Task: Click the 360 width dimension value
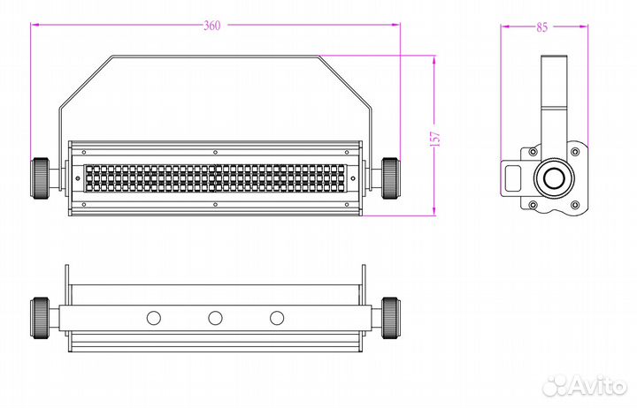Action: click(211, 26)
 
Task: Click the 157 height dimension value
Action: click(434, 139)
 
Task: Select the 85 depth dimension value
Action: click(542, 27)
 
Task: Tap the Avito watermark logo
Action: click(585, 384)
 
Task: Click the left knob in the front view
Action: click(40, 178)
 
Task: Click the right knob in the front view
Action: click(390, 178)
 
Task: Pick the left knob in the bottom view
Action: click(40, 318)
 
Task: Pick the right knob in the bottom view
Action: click(390, 318)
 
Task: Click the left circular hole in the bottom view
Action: click(154, 319)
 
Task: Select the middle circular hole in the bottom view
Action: click(215, 319)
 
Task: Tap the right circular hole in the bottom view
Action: click(277, 319)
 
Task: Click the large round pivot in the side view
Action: click(554, 178)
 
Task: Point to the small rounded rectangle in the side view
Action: click(512, 178)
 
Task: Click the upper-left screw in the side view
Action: click(533, 152)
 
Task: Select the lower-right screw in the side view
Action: click(575, 205)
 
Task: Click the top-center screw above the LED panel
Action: click(215, 153)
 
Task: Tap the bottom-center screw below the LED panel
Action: click(215, 204)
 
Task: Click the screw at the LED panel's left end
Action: click(78, 178)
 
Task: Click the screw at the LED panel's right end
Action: click(353, 178)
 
